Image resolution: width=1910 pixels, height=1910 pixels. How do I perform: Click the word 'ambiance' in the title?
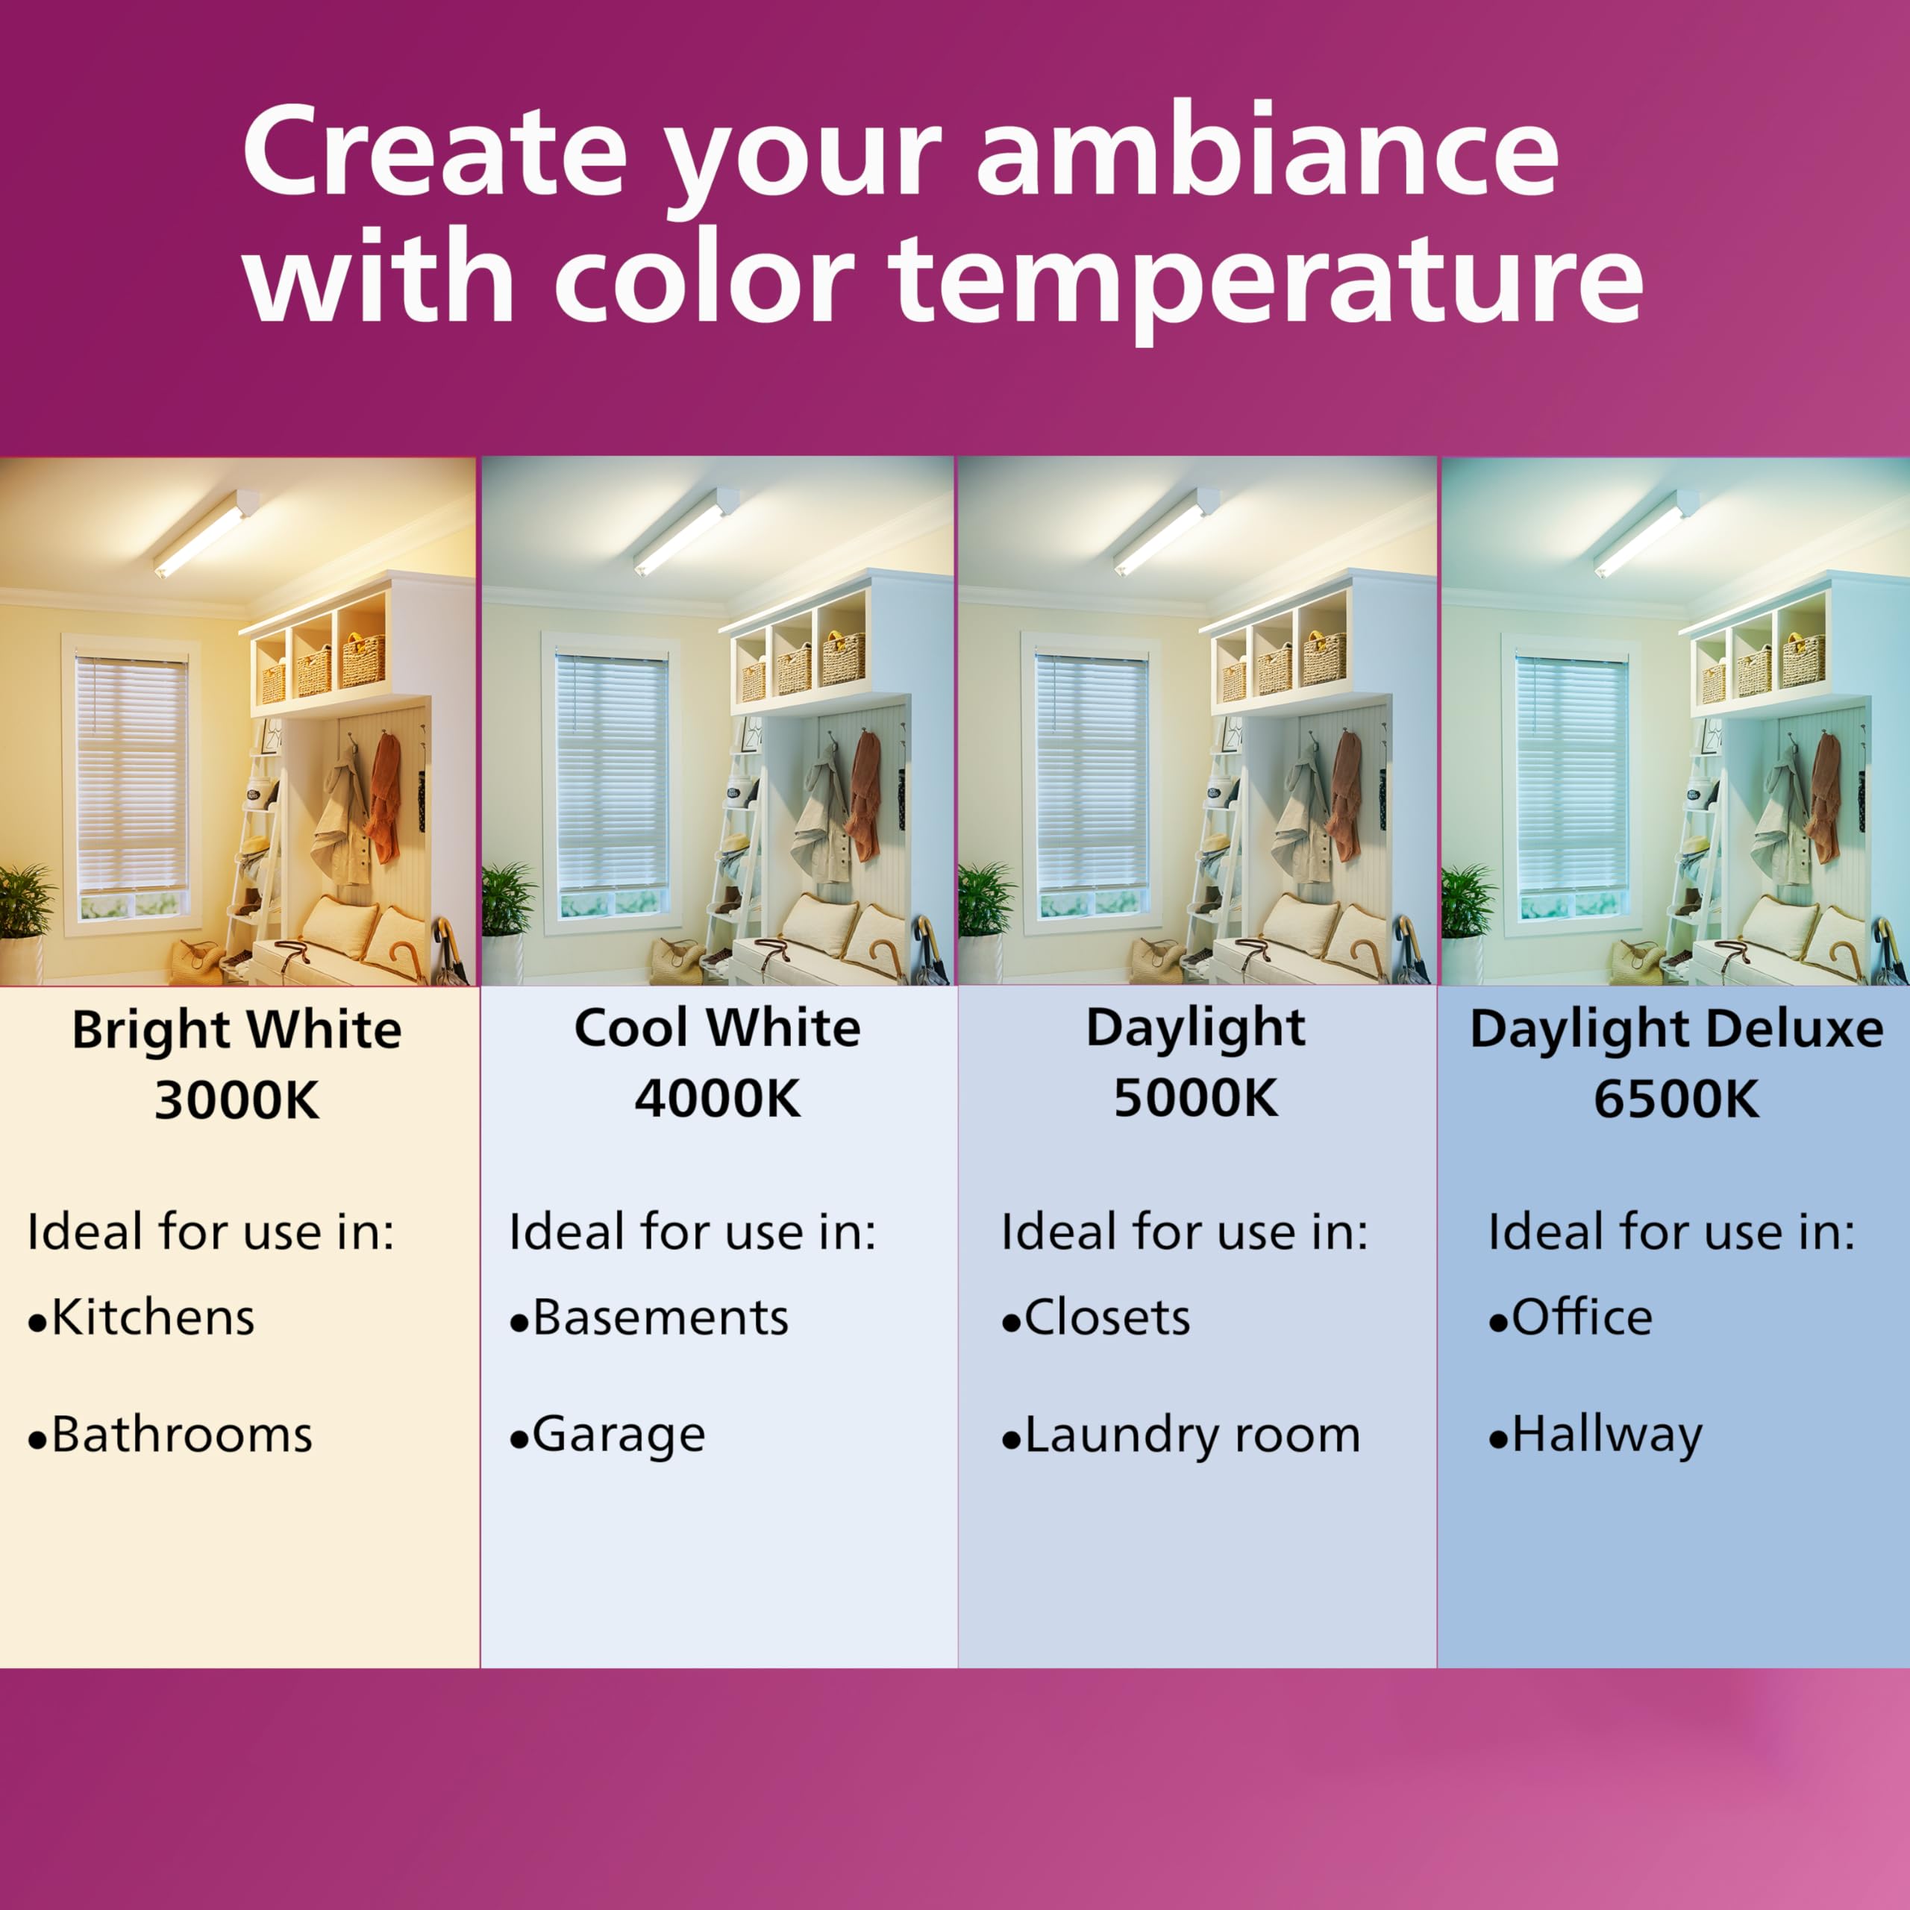click(1268, 151)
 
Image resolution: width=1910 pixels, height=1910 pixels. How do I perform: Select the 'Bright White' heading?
click(237, 1030)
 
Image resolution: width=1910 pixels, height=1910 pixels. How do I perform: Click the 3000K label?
click(237, 1099)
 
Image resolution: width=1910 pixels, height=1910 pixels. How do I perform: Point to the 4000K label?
click(718, 1098)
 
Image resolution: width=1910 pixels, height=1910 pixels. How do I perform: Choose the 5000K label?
click(1196, 1098)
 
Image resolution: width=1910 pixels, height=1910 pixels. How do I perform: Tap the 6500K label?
click(1676, 1098)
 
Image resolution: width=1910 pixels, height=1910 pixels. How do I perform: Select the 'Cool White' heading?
click(718, 1028)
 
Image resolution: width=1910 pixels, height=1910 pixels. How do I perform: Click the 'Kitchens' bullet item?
click(141, 1318)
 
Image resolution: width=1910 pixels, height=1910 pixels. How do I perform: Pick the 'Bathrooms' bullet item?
click(170, 1435)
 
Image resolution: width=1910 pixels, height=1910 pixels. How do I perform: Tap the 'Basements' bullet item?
click(650, 1318)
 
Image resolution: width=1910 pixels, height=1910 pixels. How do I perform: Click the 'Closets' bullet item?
click(1096, 1318)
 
